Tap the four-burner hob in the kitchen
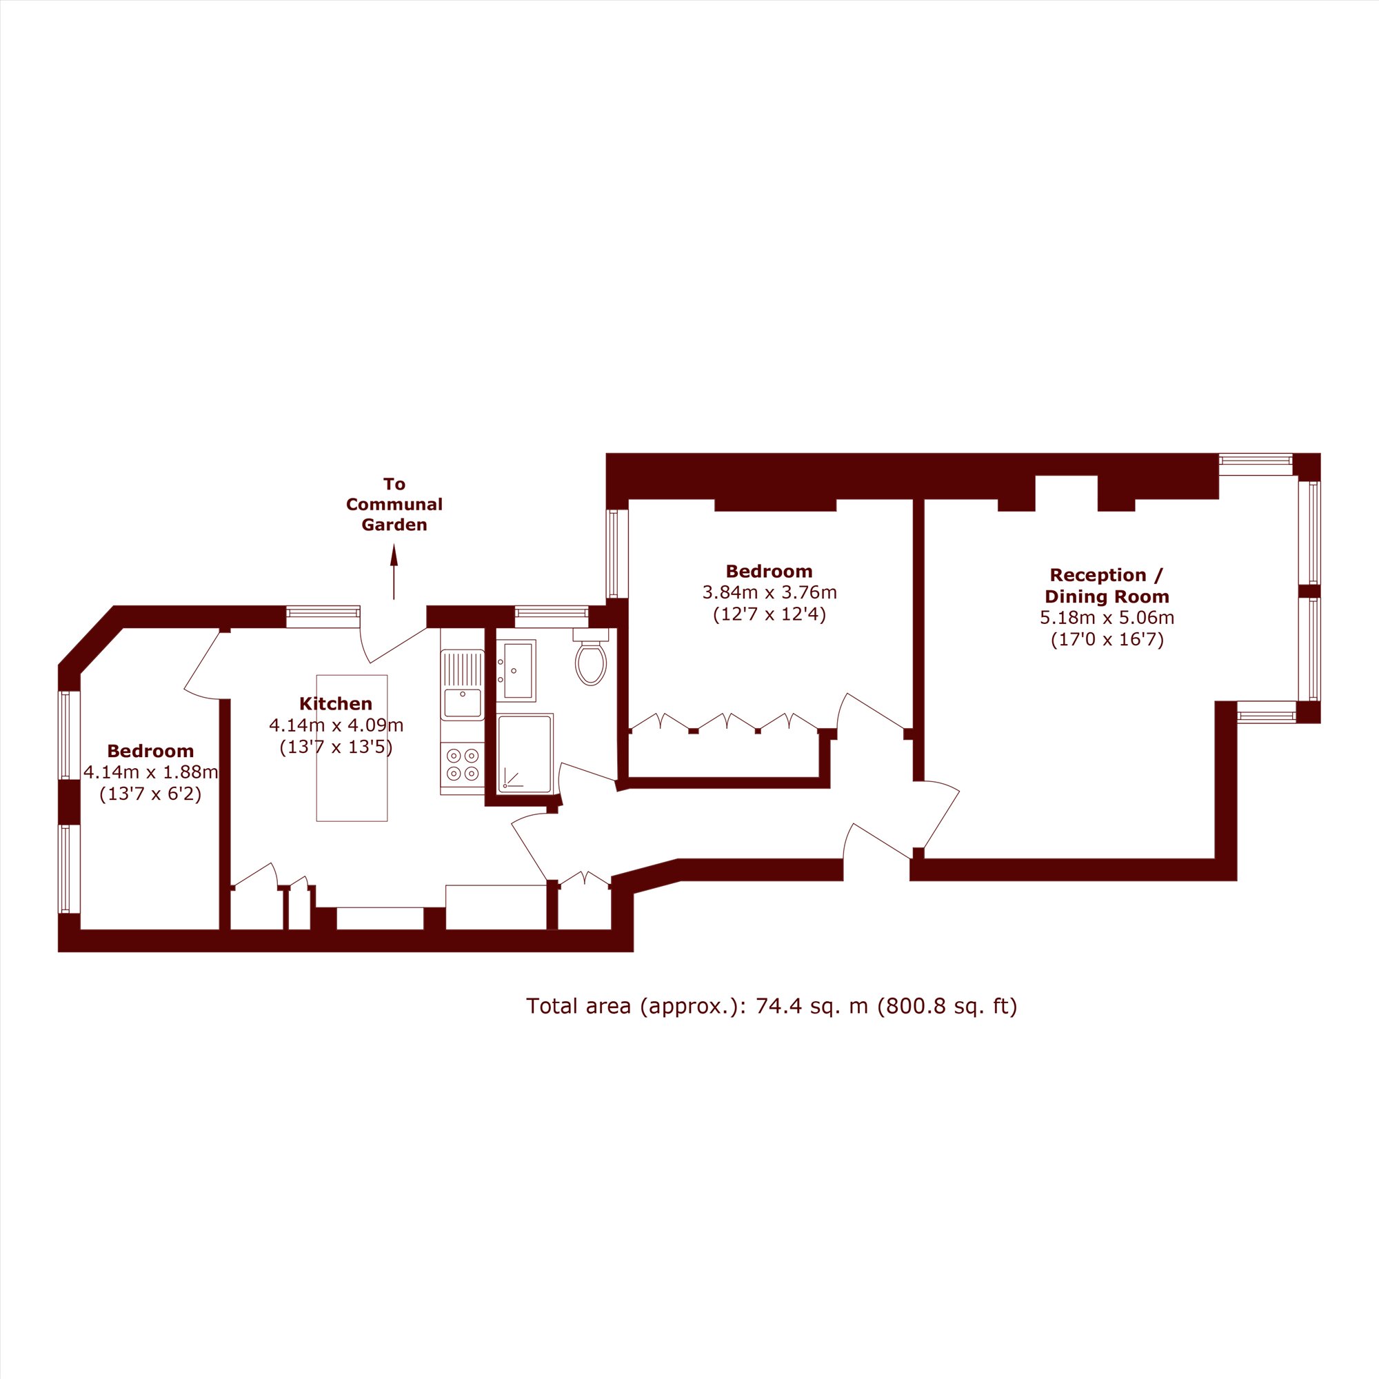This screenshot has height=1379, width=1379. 463,763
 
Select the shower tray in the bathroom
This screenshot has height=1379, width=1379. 525,754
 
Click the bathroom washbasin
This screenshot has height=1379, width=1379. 516,670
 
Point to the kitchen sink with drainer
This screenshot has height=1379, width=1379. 463,685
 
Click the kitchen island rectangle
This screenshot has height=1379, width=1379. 352,748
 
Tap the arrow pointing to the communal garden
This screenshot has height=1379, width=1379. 393,572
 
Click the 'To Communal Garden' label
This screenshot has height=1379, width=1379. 394,504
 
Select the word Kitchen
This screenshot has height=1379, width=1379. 336,704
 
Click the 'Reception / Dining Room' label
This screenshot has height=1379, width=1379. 1107,585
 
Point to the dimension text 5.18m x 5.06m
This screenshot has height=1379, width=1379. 1107,618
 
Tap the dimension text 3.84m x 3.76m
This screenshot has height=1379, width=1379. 769,592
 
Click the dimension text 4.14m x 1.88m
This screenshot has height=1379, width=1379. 150,772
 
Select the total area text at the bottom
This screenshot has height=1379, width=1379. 772,1006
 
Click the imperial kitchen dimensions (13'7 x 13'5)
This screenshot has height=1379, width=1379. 336,747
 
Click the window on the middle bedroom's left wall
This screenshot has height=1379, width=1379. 612,553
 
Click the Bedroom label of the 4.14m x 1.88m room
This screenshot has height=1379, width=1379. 150,751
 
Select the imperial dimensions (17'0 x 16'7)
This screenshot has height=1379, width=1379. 1107,640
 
